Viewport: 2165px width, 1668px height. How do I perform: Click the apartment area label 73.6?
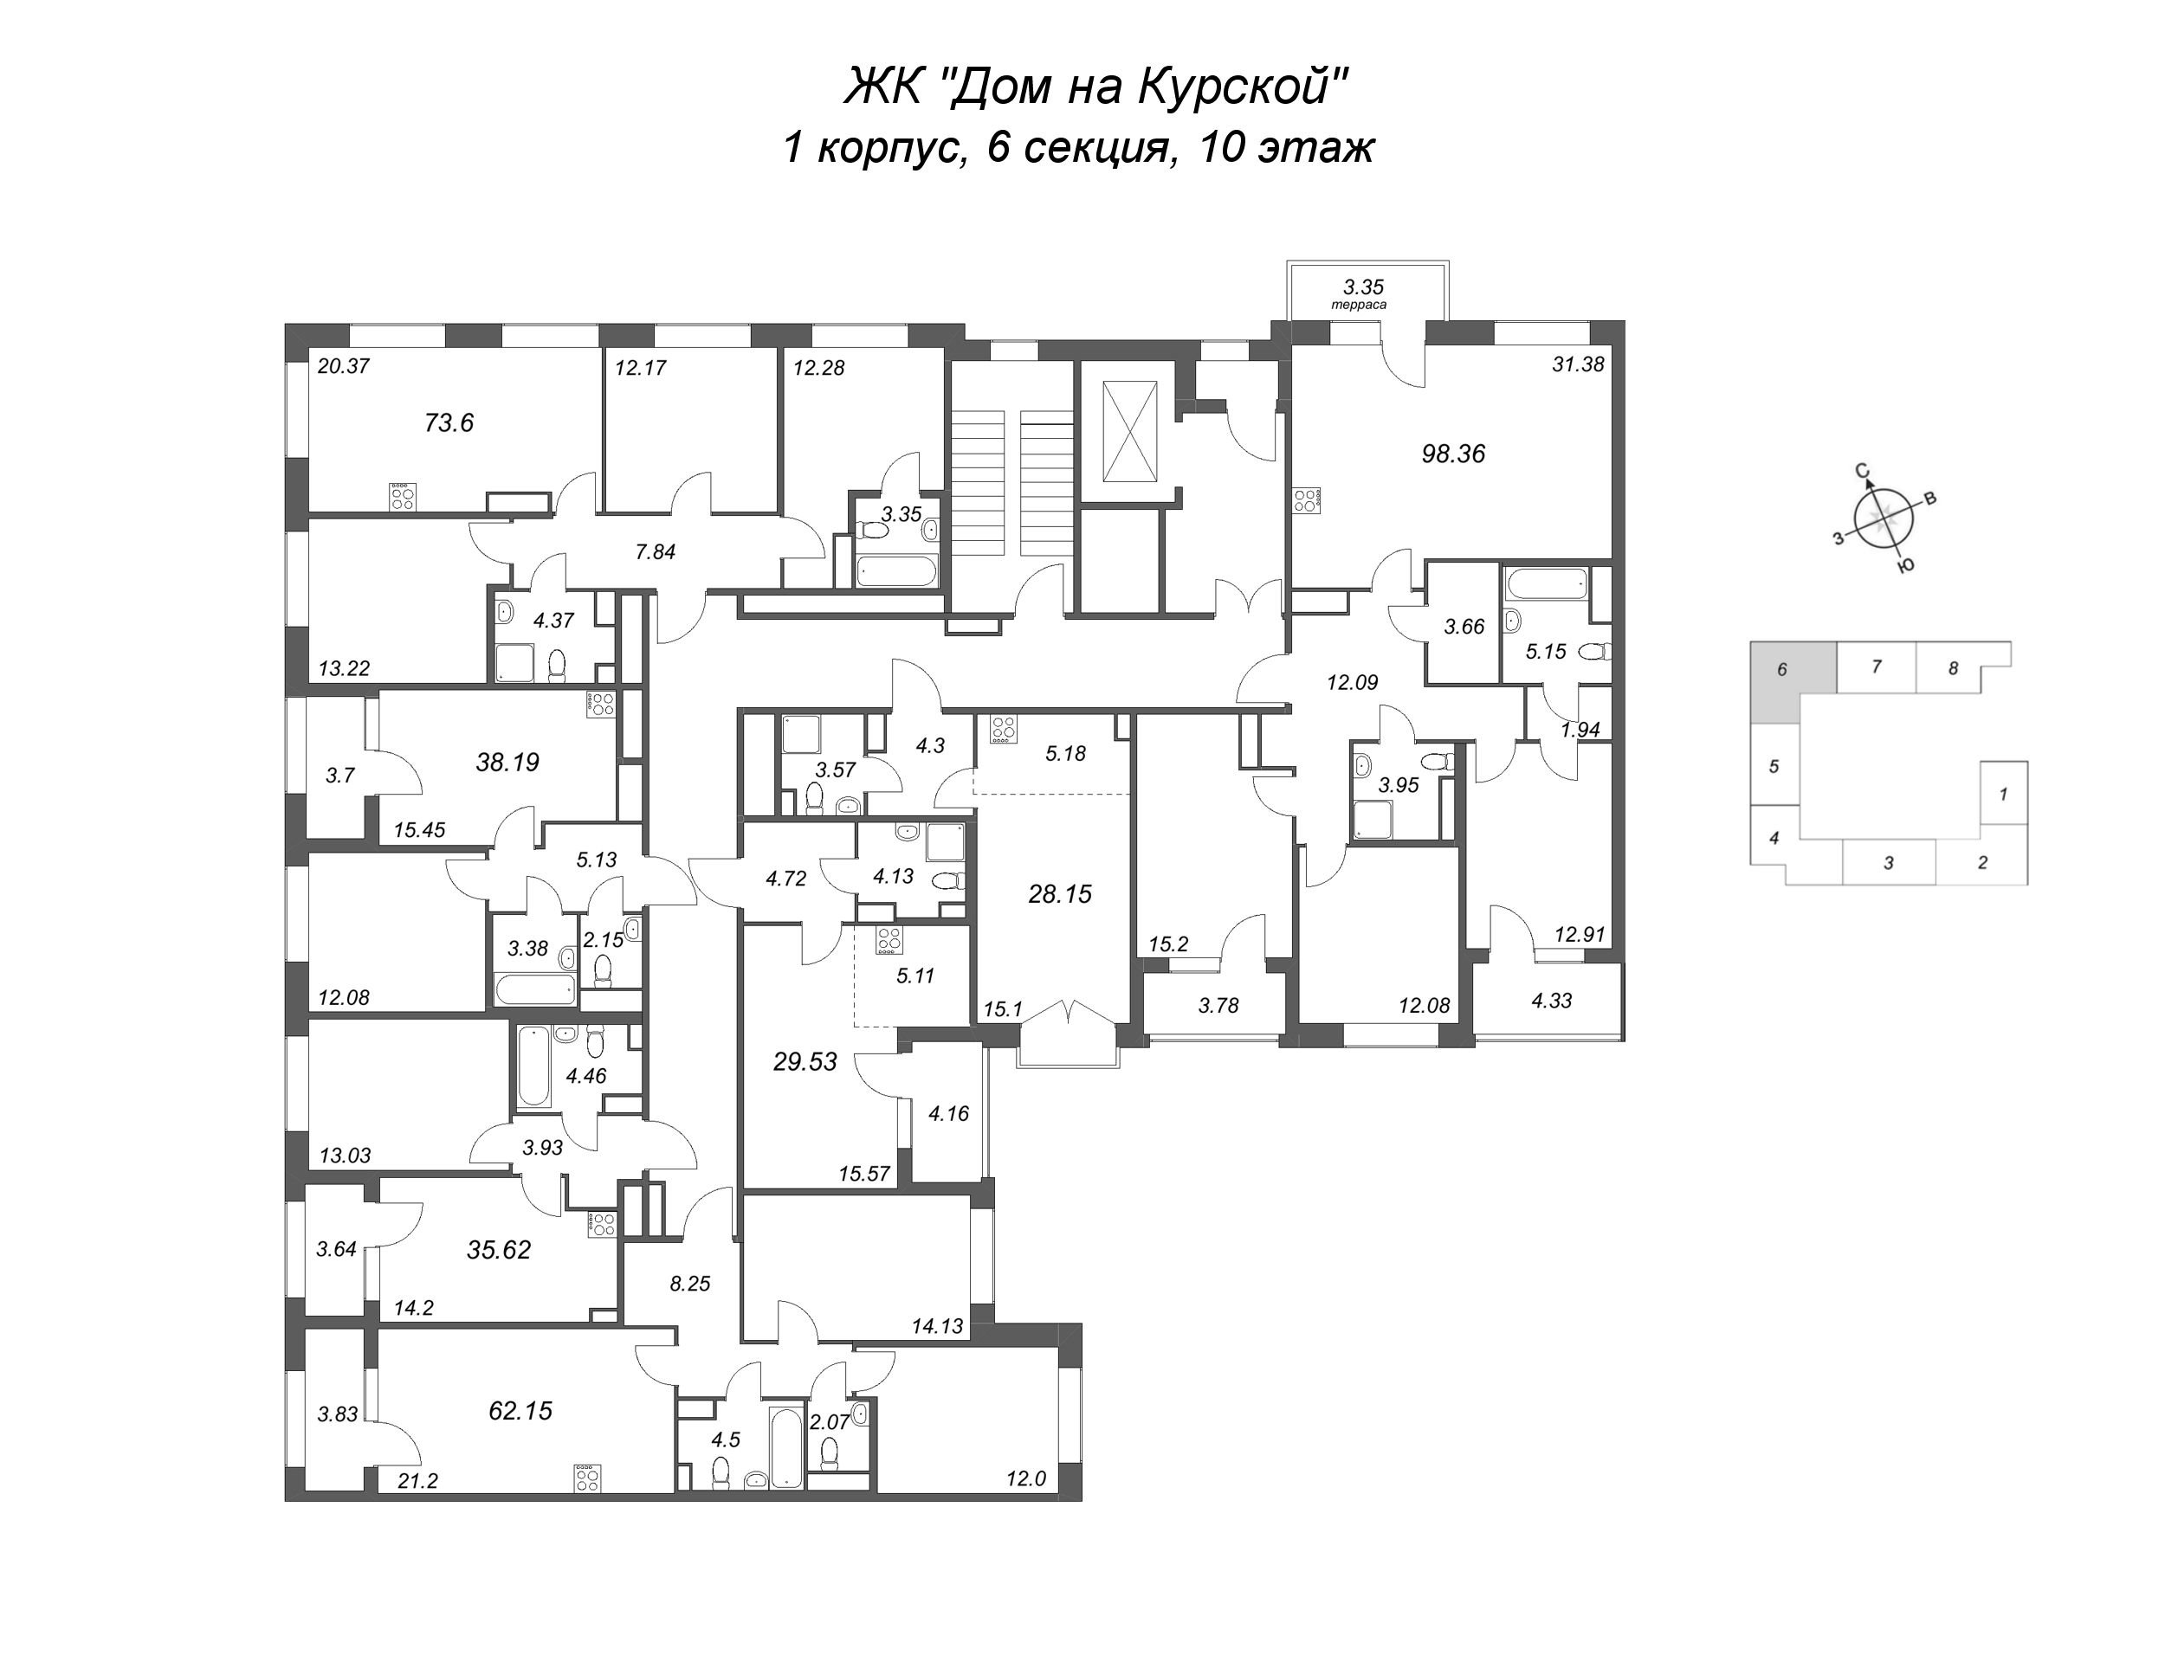pos(449,423)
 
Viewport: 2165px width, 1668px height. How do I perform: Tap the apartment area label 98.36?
pos(1453,454)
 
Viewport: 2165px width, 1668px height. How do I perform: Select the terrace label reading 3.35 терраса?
pos(1363,293)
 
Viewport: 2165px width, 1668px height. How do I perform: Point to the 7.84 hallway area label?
pos(656,552)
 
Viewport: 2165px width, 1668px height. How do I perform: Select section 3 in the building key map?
pos(1890,862)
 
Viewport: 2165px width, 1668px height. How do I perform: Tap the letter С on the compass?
pos(1863,470)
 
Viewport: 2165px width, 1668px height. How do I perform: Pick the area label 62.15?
pos(520,1410)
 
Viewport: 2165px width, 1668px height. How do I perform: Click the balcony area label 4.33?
pos(1551,1001)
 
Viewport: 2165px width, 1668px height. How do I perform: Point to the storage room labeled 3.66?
pos(1464,627)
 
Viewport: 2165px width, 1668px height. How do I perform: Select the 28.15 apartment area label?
pos(1060,894)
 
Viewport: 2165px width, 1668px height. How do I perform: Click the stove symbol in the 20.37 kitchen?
pos(403,497)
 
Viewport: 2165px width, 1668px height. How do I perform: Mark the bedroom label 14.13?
pos(938,1325)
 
